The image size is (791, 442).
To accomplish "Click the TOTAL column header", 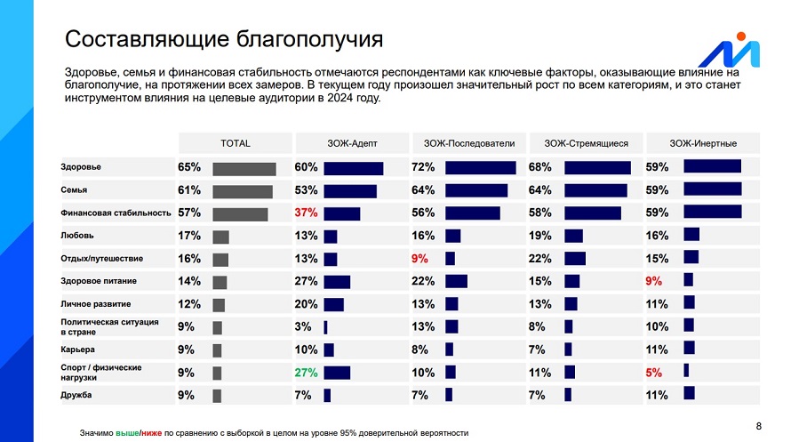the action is (236, 143).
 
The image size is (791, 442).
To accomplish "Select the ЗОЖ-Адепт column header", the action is (352, 143).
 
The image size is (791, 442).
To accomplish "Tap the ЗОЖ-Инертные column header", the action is (703, 143).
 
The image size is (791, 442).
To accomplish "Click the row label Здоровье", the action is (81, 167).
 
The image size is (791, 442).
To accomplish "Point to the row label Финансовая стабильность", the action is (116, 213).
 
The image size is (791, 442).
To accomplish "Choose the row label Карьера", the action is (77, 350).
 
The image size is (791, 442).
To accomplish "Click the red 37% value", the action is (307, 213).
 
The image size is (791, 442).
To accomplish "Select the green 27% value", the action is (307, 373).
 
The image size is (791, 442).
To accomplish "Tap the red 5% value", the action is (654, 373).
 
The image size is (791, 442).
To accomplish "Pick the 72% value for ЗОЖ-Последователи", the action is (423, 167).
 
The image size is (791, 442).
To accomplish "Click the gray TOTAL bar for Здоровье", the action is (244, 169).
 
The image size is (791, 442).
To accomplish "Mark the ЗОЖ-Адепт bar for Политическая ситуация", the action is (325, 327).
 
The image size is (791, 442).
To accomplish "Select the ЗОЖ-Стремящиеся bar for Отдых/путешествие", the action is (575, 258).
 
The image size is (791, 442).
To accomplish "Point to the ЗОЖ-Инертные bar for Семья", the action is (713, 189).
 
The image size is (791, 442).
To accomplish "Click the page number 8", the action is (759, 426).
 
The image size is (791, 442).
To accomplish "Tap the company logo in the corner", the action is (730, 50).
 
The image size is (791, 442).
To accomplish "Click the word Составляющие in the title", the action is (148, 40).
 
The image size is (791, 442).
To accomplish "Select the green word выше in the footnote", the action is (127, 433).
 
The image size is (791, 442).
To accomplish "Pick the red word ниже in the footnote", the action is (151, 433).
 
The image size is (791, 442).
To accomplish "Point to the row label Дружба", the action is (76, 395).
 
